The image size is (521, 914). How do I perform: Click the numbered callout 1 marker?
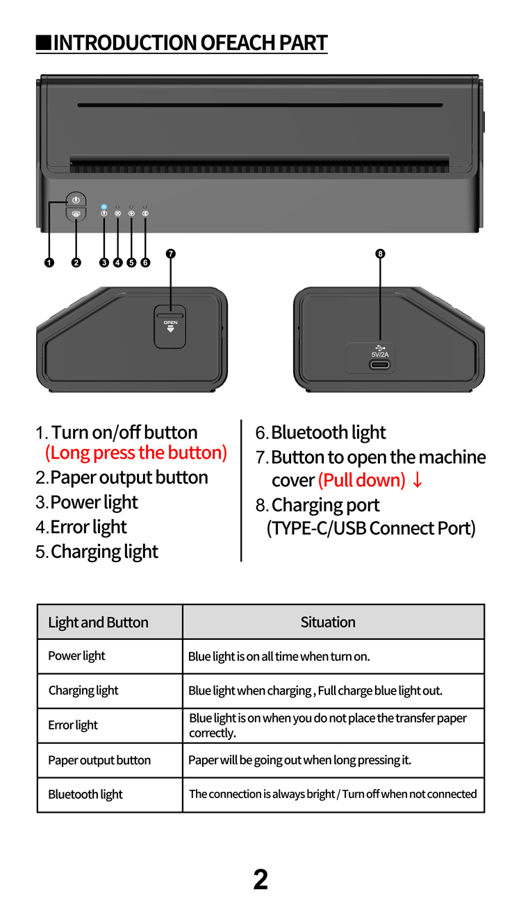click(x=49, y=262)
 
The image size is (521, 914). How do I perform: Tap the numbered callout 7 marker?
click(x=170, y=253)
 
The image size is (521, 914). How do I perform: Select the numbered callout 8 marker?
click(x=380, y=253)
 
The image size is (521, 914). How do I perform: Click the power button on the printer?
click(x=76, y=200)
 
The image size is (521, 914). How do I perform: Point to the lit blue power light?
click(x=104, y=207)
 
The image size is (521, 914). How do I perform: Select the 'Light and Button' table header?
click(x=98, y=623)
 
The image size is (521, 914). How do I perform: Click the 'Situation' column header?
click(x=328, y=622)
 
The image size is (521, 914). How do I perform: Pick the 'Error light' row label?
click(x=73, y=725)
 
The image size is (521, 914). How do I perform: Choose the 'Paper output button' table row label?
click(x=99, y=760)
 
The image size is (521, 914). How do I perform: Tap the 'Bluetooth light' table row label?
click(x=85, y=795)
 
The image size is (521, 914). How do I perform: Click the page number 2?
click(x=260, y=880)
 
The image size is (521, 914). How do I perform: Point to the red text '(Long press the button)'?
click(x=136, y=453)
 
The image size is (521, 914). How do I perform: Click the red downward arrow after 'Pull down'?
click(x=417, y=480)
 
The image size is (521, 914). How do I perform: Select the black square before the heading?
click(x=44, y=43)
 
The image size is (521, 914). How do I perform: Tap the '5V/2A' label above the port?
click(x=380, y=355)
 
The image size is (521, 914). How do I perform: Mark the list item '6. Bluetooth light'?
click(x=320, y=432)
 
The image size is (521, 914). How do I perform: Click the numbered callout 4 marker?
click(x=117, y=262)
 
